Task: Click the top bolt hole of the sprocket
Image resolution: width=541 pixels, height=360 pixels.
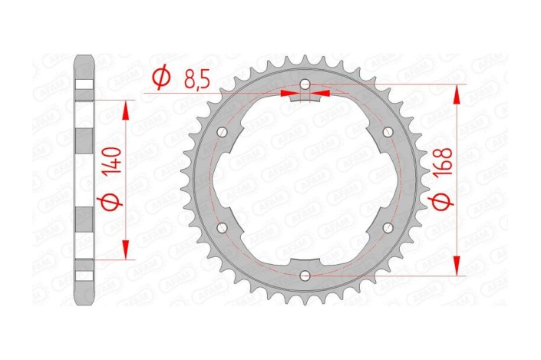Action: click(x=305, y=84)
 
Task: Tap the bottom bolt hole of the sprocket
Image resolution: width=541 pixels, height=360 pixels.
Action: click(x=305, y=275)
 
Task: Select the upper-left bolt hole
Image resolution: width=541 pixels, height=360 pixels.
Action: click(x=223, y=131)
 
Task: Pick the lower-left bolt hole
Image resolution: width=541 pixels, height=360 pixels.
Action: click(x=223, y=227)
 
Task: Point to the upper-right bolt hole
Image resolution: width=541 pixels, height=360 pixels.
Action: click(x=388, y=131)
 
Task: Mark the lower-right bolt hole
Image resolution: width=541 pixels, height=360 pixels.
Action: click(x=388, y=227)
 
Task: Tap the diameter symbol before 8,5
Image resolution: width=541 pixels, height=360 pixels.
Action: click(x=160, y=78)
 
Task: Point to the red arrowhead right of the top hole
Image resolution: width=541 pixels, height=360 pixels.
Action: click(x=322, y=94)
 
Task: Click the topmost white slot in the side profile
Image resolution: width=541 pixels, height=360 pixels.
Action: click(x=84, y=86)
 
